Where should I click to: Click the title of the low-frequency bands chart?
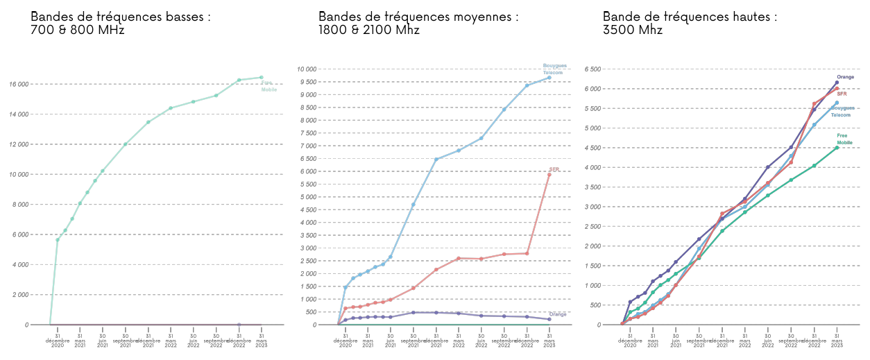[121, 23]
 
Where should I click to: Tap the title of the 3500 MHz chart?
[690, 23]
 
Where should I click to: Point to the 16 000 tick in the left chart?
[37, 84]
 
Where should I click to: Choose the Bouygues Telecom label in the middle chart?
[553, 69]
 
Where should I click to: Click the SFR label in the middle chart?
[554, 169]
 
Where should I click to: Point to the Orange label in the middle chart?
[558, 314]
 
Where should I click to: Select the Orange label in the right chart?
[845, 77]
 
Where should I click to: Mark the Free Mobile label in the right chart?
[844, 139]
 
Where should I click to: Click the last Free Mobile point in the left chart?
[262, 78]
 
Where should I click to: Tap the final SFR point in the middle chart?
[549, 174]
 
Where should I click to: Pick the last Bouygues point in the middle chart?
[549, 78]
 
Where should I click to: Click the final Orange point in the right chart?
[837, 83]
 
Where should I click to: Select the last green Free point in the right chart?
[837, 148]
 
